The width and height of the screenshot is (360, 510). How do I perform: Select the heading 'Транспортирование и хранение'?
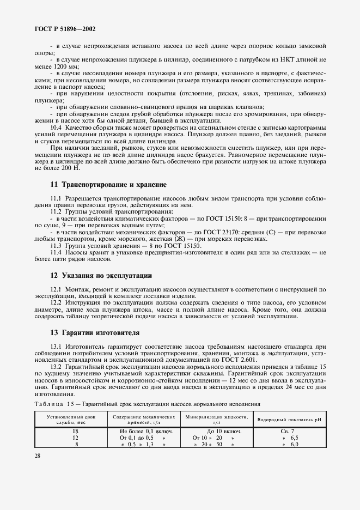coord(108,185)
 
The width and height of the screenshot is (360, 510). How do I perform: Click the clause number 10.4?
coord(56,127)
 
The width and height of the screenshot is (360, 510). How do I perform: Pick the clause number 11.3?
coord(56,246)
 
